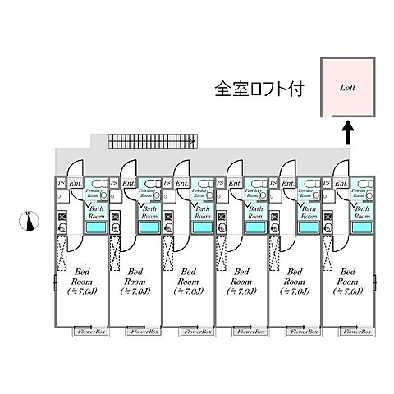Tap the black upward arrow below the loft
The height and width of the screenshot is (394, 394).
[346, 132]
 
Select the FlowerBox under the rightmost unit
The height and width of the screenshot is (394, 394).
[355, 332]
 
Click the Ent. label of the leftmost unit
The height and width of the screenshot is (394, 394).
[74, 183]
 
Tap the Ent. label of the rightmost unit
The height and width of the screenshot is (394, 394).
[340, 183]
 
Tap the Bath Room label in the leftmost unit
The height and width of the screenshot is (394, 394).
[94, 213]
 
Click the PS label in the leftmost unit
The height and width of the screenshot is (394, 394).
[61, 183]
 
